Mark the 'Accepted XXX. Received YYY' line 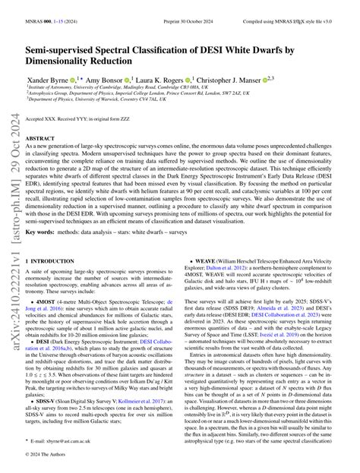point(90,119)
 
